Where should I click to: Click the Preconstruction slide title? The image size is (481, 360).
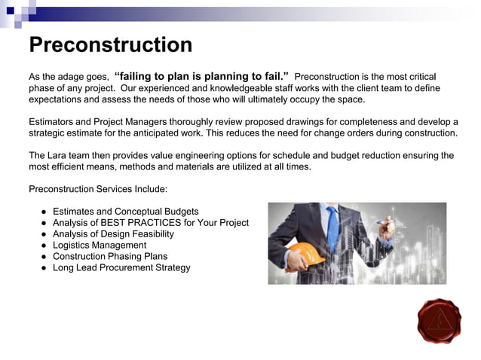pos(110,44)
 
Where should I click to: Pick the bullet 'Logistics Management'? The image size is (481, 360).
pos(100,245)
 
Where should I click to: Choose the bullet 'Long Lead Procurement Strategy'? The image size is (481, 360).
pos(121,267)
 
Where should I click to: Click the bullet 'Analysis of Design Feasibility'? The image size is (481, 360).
pos(113,233)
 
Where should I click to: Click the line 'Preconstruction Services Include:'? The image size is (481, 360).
pos(98,189)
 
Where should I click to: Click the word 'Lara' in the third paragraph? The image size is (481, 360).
pos(60,155)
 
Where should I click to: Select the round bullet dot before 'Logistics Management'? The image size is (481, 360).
pos(44,246)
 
